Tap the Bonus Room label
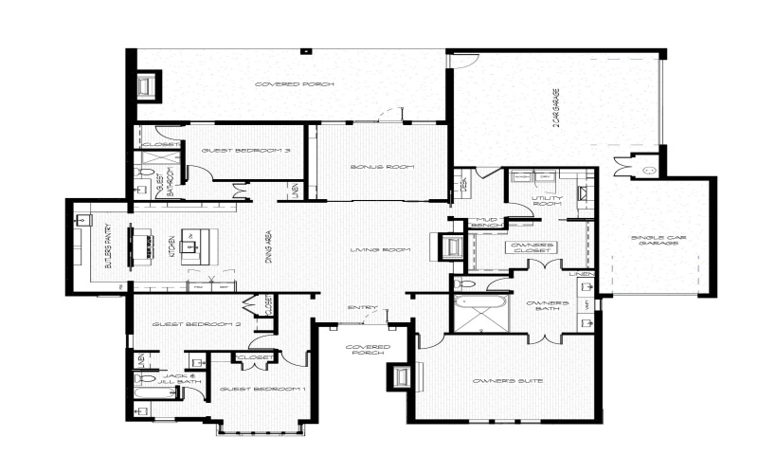pos(383,167)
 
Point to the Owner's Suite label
pos(507,380)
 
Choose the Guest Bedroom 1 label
pos(262,390)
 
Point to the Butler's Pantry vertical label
pos(108,248)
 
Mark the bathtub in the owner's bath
pos(480,309)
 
